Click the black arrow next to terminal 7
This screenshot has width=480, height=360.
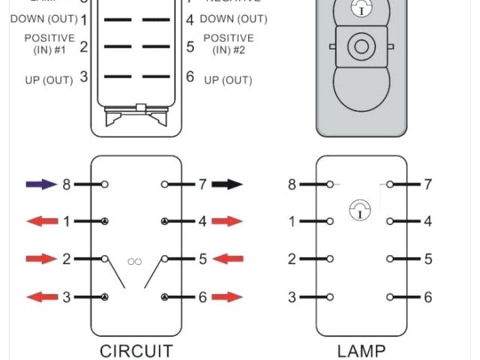click(227, 184)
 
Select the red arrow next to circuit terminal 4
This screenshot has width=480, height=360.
click(227, 221)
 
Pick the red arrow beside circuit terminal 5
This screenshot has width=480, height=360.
click(227, 259)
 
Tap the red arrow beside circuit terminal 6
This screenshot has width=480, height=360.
click(227, 297)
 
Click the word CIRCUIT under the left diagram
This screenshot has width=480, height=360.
click(136, 350)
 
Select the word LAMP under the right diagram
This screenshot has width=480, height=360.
click(361, 350)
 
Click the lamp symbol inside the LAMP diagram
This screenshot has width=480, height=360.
click(361, 211)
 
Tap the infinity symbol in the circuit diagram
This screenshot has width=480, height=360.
click(135, 261)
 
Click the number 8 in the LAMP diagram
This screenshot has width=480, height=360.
click(292, 184)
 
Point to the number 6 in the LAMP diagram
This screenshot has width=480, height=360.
click(428, 298)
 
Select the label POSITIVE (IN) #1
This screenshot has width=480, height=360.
click(49, 44)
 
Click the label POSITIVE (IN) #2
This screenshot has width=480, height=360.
click(228, 44)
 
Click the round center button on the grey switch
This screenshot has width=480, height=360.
click(361, 46)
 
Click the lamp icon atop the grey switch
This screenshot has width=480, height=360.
click(361, 10)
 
